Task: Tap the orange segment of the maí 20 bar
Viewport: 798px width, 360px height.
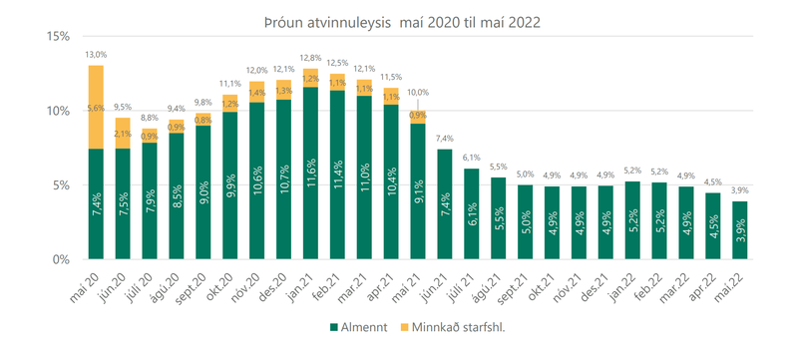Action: click(96, 107)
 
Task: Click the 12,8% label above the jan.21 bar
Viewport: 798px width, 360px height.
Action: click(310, 58)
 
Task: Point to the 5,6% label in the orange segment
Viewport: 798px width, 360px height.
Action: click(96, 107)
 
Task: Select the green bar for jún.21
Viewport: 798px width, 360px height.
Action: click(444, 204)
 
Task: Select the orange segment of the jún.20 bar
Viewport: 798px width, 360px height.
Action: click(123, 133)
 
